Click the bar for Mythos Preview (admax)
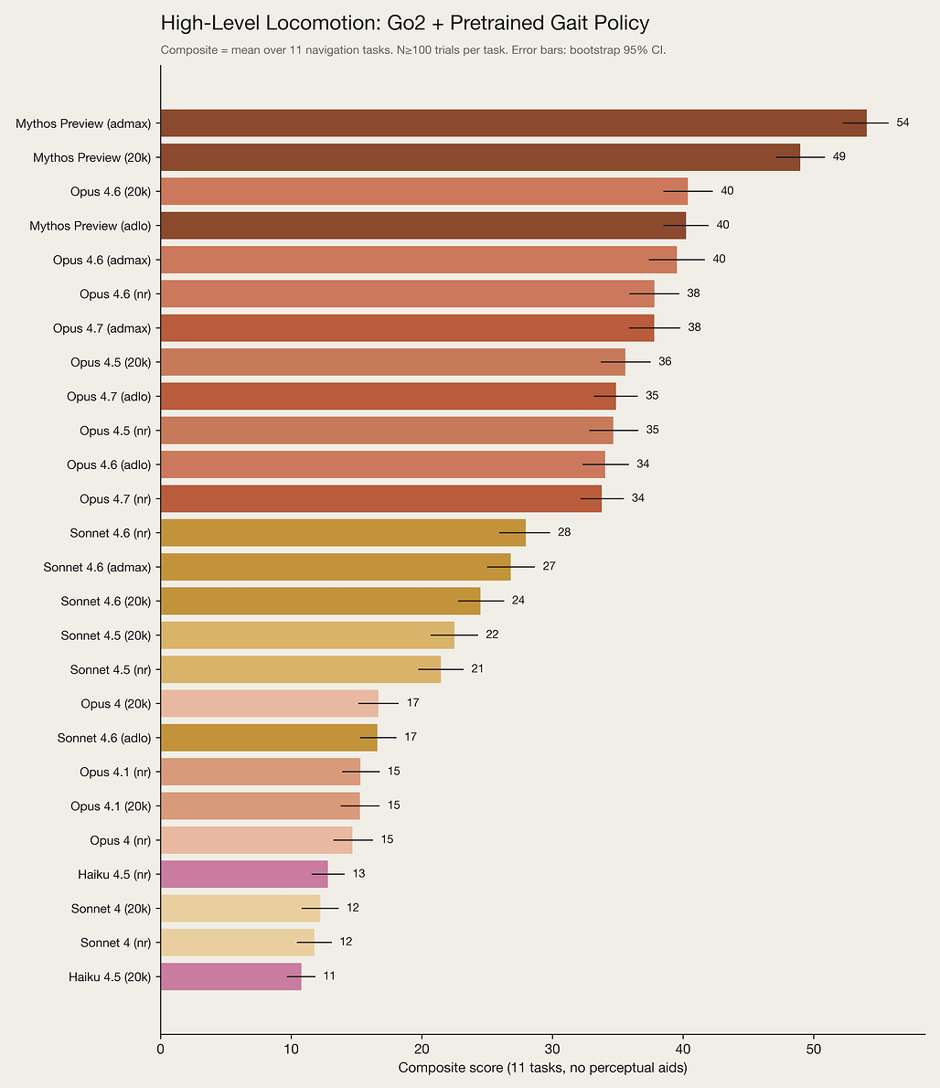coord(513,123)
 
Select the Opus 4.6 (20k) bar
coord(424,191)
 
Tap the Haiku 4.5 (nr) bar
coord(244,874)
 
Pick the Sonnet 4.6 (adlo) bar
coord(269,738)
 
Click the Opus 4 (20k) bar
coord(269,704)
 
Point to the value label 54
coord(903,123)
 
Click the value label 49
coord(839,157)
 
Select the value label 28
coord(564,532)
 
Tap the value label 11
coord(329,976)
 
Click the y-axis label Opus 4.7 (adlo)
coord(109,396)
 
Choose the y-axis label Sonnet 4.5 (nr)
coord(111,669)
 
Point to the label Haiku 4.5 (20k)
coord(110,977)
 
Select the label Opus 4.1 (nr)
coord(115,773)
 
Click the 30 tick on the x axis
coord(552,1050)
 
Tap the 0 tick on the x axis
coord(161,1050)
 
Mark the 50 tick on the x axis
coord(813,1050)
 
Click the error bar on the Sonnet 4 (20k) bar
coord(320,908)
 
